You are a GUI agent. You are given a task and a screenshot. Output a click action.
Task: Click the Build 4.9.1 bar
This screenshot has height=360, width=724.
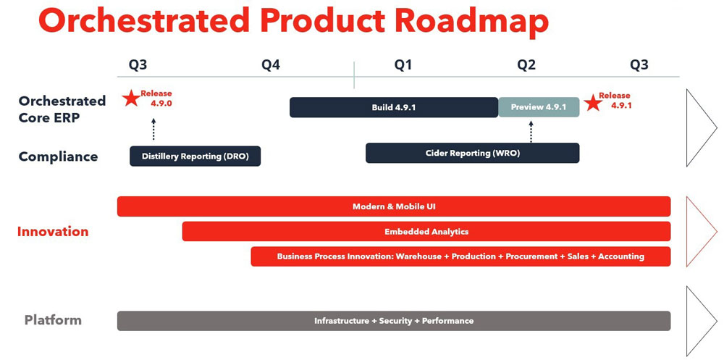(393, 107)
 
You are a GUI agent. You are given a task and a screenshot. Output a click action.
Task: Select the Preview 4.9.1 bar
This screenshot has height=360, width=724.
(538, 107)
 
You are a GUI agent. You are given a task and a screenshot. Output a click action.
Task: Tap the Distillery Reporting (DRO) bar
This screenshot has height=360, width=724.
(195, 156)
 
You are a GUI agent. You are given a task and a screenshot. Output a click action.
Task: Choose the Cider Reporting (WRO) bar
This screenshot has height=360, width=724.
(472, 153)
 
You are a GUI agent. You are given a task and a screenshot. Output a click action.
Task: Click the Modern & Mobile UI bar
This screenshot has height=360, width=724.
(394, 206)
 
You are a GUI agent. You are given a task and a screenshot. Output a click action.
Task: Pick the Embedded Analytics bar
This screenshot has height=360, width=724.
(426, 232)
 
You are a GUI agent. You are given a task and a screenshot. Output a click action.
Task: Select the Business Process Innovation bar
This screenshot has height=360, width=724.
(460, 256)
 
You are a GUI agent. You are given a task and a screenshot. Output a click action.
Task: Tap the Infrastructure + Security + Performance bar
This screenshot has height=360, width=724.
(394, 321)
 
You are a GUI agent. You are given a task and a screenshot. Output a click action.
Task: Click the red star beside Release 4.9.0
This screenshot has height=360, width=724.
(131, 99)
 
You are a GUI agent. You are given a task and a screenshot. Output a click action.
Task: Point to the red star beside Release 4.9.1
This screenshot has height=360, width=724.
(593, 102)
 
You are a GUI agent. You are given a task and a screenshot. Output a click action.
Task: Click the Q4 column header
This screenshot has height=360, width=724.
(271, 65)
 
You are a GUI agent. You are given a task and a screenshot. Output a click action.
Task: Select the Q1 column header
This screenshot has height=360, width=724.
(403, 65)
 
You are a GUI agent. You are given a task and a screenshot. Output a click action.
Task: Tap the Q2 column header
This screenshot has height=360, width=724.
(526, 65)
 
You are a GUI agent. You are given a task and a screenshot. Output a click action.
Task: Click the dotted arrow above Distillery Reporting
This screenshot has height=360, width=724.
(153, 129)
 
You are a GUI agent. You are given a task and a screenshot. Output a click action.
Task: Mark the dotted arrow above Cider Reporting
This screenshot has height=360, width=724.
(531, 130)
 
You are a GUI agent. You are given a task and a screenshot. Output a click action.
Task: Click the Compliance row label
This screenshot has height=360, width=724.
(58, 156)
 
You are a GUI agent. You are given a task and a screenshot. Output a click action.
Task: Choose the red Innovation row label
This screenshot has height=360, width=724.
(53, 232)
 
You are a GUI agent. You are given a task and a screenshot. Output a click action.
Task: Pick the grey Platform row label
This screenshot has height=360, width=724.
(53, 320)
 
